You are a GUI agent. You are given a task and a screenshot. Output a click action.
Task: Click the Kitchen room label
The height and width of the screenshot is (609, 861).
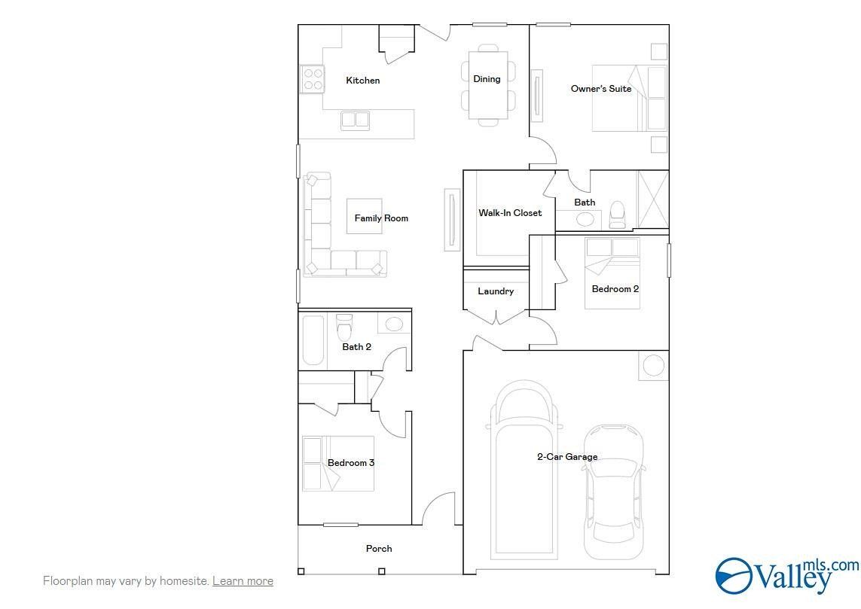point(362,81)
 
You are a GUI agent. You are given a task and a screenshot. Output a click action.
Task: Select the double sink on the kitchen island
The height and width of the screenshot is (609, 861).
point(355,120)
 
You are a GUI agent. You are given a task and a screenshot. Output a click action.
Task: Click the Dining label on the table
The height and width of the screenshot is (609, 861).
point(487,79)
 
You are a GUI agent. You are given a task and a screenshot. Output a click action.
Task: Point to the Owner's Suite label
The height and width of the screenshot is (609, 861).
point(600,89)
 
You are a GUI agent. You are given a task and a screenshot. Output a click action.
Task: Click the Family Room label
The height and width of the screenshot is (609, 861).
point(381,218)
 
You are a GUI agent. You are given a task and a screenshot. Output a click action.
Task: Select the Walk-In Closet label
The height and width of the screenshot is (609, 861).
point(510,213)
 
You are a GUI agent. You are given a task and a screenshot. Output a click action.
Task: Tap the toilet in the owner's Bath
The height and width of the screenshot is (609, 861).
point(617,215)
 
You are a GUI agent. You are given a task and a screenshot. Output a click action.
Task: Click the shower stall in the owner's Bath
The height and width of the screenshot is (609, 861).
point(652,199)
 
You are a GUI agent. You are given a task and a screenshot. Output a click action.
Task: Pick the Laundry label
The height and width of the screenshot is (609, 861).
point(496,291)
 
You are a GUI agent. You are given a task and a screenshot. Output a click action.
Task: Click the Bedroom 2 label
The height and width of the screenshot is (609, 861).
point(615,289)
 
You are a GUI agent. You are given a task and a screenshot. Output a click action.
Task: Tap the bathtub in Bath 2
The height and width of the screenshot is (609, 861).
point(313,340)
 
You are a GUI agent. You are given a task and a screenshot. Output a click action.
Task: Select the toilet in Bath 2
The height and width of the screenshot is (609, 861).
point(345,327)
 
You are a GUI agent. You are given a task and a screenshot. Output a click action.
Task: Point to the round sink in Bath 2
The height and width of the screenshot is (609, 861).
point(394,324)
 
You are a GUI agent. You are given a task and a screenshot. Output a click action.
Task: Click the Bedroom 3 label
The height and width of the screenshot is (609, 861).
point(350,463)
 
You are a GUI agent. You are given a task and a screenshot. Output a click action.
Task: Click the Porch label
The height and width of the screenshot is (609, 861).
point(379,549)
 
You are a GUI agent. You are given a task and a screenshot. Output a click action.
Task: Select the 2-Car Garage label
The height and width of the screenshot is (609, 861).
point(567,457)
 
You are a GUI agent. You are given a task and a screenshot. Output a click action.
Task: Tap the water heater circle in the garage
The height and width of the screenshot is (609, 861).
point(653,366)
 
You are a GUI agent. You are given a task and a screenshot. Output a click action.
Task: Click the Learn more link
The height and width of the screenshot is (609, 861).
point(243,581)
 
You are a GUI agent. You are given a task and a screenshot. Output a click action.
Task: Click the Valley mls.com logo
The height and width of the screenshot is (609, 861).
point(785,576)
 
